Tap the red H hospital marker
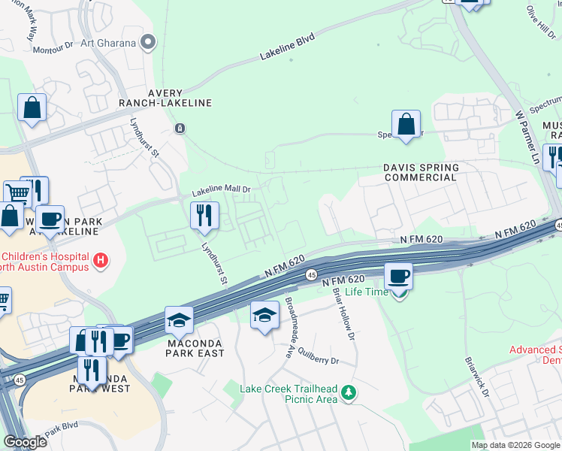pyautogui.click(x=101, y=262)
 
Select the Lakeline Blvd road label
pyautogui.click(x=286, y=47)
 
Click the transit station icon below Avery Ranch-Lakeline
pyautogui.click(x=180, y=129)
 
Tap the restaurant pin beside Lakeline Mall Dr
pyautogui.click(x=204, y=216)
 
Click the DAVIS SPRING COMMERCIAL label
pyautogui.click(x=420, y=172)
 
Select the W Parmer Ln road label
pyautogui.click(x=527, y=138)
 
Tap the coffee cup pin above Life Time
pyautogui.click(x=398, y=276)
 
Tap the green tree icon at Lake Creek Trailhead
pyautogui.click(x=348, y=392)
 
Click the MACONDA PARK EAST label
pyautogui.click(x=180, y=348)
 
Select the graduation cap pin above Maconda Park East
pyautogui.click(x=180, y=321)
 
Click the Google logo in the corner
pyautogui.click(x=26, y=442)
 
